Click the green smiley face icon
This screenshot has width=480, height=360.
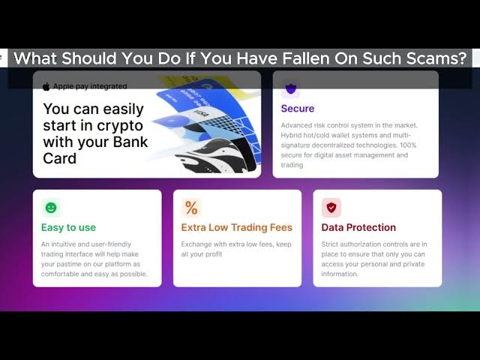tap(51, 208)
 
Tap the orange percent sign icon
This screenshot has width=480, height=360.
tap(191, 208)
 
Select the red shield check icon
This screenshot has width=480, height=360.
tap(331, 208)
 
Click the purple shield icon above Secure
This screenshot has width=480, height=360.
tap(291, 88)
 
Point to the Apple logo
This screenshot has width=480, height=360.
tap(46, 87)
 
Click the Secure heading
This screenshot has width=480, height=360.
tap(298, 108)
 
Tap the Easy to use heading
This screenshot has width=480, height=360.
tap(68, 227)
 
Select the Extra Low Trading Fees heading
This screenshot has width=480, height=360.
tap(237, 227)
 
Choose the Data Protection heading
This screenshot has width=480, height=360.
tap(358, 227)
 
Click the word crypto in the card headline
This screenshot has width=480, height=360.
tap(123, 126)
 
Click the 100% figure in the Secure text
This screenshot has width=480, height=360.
tap(408, 145)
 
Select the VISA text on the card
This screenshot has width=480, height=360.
tap(201, 115)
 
